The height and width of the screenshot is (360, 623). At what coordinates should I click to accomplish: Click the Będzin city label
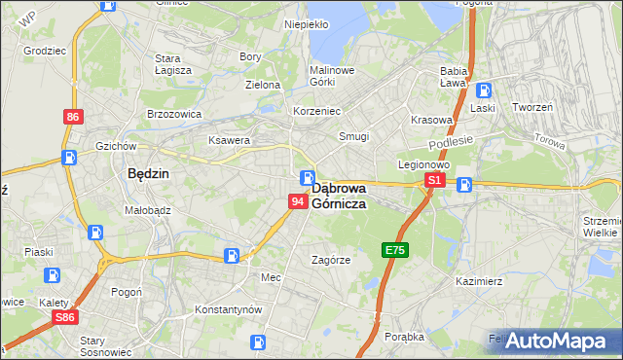(x=149, y=174)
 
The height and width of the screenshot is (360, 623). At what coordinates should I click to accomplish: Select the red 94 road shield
(x=299, y=200)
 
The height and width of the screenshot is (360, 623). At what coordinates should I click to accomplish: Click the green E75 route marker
(x=395, y=250)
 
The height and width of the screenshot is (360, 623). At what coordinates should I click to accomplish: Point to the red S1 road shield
(x=435, y=181)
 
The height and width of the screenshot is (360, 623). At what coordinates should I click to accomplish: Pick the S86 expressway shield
(x=64, y=317)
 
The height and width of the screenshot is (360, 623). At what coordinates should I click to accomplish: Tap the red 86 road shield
(x=73, y=117)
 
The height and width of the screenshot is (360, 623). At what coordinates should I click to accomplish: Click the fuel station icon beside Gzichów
(x=69, y=157)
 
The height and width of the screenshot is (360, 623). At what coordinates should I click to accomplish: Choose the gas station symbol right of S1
(x=464, y=184)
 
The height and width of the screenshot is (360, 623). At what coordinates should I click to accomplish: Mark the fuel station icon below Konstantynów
(x=257, y=342)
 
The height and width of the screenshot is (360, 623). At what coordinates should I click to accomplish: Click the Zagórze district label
(x=330, y=260)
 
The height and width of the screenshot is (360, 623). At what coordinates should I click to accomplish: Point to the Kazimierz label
(x=479, y=281)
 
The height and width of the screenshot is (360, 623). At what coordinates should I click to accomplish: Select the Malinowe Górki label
(x=332, y=77)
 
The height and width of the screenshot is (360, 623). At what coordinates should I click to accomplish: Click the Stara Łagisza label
(x=173, y=64)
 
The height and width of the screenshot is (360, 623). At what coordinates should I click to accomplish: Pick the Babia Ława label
(x=455, y=77)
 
